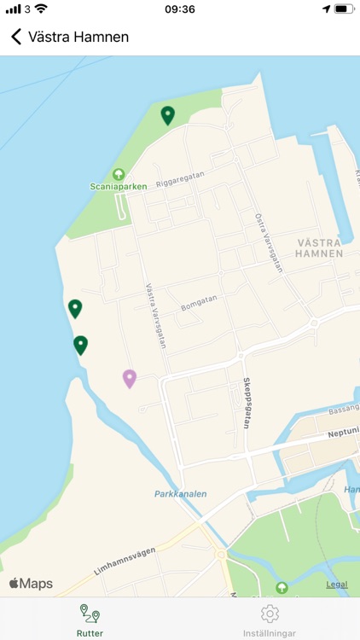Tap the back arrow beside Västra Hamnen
pos(15,37)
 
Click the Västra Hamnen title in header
pos(78,37)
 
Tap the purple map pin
pos(130,378)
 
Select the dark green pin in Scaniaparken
pos(168,114)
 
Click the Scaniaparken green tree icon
pos(119,174)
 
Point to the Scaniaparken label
pos(119,186)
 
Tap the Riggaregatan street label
pos(180,176)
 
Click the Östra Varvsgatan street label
pos(268,242)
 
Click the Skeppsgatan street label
pos(247,402)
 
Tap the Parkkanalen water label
pos(181,494)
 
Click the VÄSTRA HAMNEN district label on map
pos(319,247)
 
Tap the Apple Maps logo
pos(32,584)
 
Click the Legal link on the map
pos(337,585)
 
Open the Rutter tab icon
pos(90,614)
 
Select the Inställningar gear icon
pos(270,614)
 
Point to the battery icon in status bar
pos(344,9)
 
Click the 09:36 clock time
pos(180,9)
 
